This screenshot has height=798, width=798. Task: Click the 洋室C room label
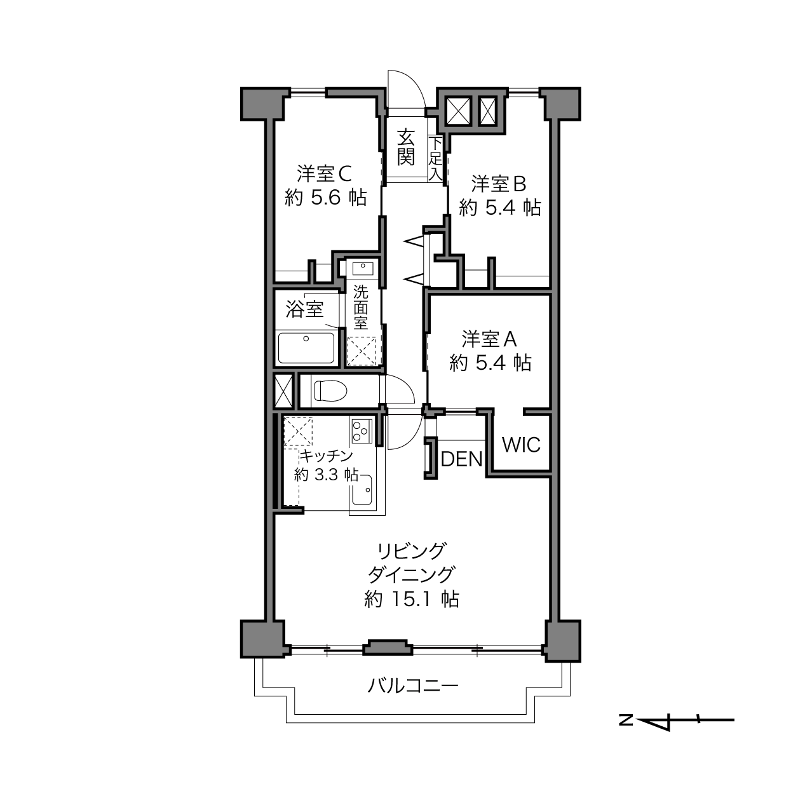pyautogui.click(x=324, y=173)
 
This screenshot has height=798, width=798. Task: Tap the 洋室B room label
pyautogui.click(x=499, y=184)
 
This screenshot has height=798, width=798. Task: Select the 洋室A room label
pyautogui.click(x=489, y=339)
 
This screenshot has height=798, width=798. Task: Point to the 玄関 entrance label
pyautogui.click(x=406, y=147)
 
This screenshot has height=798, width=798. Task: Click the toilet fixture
pyautogui.click(x=330, y=391)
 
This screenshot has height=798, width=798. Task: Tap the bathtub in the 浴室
pyautogui.click(x=306, y=348)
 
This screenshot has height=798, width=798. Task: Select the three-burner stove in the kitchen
pyautogui.click(x=361, y=431)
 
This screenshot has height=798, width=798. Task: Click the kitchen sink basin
pyautogui.click(x=362, y=490)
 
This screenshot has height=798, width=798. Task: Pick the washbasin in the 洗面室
pyautogui.click(x=363, y=268)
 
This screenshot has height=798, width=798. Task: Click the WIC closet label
pyautogui.click(x=521, y=445)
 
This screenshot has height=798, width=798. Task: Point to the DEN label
pyautogui.click(x=462, y=459)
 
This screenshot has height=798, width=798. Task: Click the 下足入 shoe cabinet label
pyautogui.click(x=435, y=159)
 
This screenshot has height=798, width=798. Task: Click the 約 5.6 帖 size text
pyautogui.click(x=326, y=198)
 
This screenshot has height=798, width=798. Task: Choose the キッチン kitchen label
pyautogui.click(x=326, y=456)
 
